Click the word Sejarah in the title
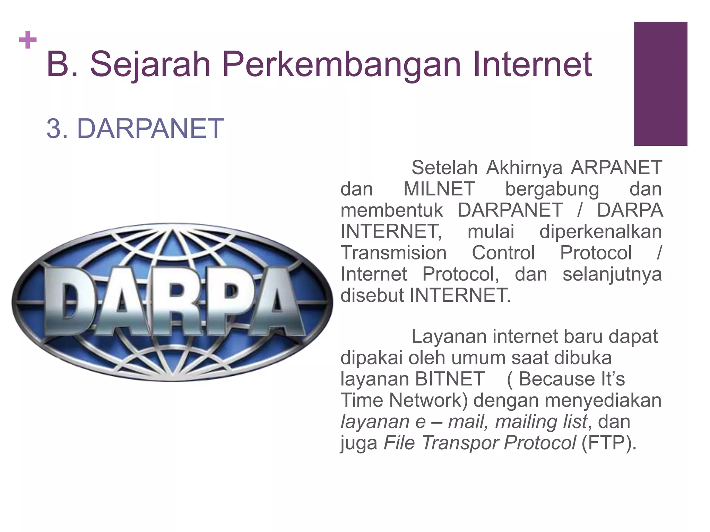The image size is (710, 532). (150, 64)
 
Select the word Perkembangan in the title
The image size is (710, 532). (341, 64)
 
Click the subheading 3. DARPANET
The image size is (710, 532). (135, 128)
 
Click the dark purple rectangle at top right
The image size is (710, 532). (660, 84)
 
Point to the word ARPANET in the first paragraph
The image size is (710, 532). (616, 168)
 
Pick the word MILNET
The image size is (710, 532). (439, 189)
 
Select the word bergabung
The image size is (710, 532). (552, 189)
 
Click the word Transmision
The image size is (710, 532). (393, 253)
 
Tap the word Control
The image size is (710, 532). (503, 253)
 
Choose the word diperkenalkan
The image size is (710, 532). (600, 231)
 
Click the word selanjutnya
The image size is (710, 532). (612, 274)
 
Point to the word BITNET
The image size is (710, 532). (449, 379)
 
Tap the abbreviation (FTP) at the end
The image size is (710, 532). (608, 443)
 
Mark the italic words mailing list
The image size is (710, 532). (541, 422)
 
